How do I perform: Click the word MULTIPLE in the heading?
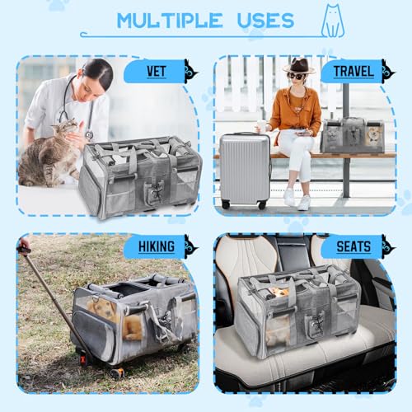[169, 20]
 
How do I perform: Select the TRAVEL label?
[352, 73]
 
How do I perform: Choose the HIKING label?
[154, 246]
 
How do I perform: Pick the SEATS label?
[353, 246]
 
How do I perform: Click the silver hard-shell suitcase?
[245, 169]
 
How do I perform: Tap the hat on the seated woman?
[299, 66]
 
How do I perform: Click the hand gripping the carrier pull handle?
[24, 245]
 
